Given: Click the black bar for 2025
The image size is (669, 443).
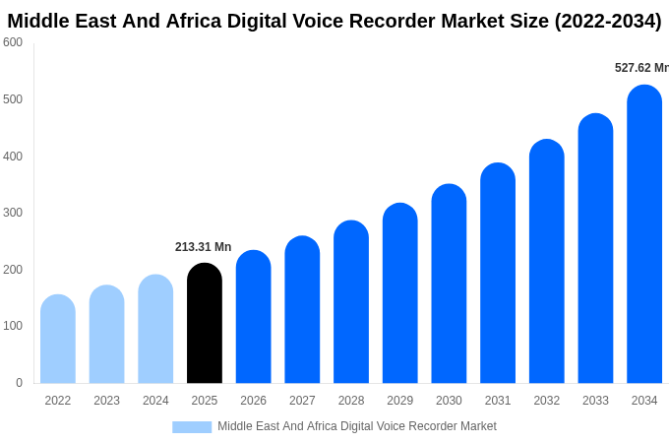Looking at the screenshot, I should click(204, 324).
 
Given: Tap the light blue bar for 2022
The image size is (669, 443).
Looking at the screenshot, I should click(58, 340).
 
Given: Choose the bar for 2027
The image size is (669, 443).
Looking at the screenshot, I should click(302, 310).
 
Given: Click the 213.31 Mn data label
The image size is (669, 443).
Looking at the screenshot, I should click(203, 247).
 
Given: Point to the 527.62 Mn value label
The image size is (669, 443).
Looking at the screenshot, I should click(640, 68).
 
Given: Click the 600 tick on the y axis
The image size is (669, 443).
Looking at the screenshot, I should click(13, 42).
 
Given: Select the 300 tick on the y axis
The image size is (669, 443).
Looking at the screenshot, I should click(13, 213).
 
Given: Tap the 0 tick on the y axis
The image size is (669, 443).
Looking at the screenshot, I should click(19, 383).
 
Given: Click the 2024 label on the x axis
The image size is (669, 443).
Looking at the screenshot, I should click(155, 401).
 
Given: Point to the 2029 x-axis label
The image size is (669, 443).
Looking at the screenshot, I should click(399, 401).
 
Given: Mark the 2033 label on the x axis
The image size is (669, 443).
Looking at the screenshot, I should click(595, 401).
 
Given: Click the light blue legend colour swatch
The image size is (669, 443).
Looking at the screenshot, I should click(192, 426).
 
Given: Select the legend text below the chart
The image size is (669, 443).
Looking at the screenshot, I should click(357, 426).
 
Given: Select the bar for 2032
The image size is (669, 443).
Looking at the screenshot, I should click(546, 262).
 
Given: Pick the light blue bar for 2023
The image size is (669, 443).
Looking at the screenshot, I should click(106, 335).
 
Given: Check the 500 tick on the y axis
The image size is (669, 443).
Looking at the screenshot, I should click(13, 99).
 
